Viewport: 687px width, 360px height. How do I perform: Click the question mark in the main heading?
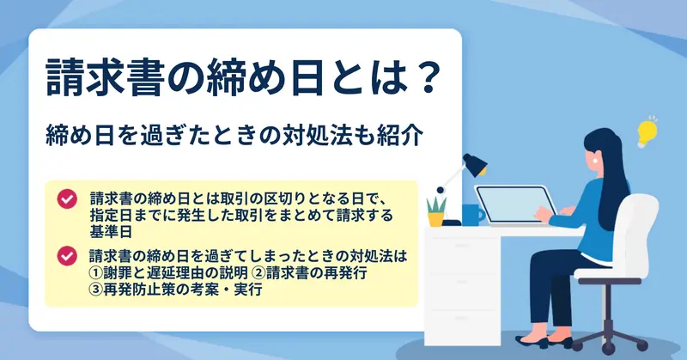pyautogui.click(x=426, y=77)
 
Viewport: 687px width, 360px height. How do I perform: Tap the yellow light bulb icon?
pyautogui.click(x=647, y=132)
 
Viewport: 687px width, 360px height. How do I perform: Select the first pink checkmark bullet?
pyautogui.click(x=67, y=199)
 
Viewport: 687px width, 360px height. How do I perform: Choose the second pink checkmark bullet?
pyautogui.click(x=67, y=256)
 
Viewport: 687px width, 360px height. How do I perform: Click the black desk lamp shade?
pyautogui.click(x=475, y=164)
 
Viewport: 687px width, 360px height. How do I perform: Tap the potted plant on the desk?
pyautogui.click(x=436, y=211)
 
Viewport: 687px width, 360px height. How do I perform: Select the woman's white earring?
pyautogui.click(x=595, y=161)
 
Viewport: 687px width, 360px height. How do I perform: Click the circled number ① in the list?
pyautogui.click(x=95, y=272)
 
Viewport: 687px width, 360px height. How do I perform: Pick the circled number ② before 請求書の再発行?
pyautogui.click(x=260, y=272)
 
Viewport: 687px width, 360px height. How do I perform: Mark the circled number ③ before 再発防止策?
pyautogui.click(x=95, y=290)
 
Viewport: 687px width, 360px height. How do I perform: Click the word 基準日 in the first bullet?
pyautogui.click(x=111, y=232)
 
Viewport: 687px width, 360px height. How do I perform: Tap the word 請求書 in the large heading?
pyautogui.click(x=104, y=77)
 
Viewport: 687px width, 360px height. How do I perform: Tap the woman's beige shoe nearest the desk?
pyautogui.click(x=532, y=341)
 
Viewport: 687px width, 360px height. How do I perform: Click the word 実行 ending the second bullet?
pyautogui.click(x=248, y=290)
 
